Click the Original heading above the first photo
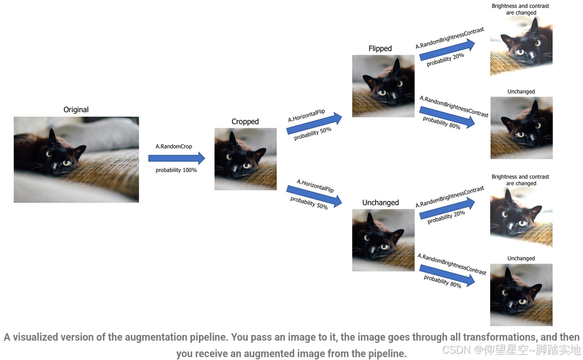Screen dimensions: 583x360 point(76,109)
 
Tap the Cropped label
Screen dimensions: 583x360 point(245,121)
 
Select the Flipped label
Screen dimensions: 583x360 point(380,48)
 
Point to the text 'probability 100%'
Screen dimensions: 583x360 point(176,170)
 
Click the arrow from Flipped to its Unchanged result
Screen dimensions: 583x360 point(447,114)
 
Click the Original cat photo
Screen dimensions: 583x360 point(76,159)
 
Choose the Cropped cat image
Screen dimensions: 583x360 point(246,159)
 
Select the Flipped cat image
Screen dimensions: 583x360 point(383,86)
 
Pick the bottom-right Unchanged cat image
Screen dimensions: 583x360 point(521,294)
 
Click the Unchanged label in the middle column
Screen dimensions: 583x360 point(380,202)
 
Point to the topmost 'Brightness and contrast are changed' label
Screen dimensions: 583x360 point(520,9)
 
